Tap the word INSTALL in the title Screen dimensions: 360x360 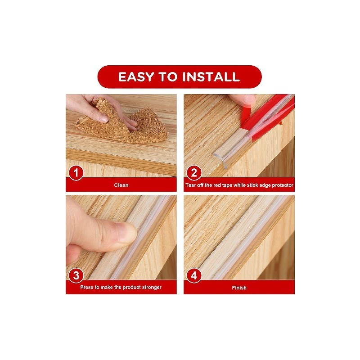pos(211,76)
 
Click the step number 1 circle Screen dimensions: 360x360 pos(76,173)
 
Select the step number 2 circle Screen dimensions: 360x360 pos(194,173)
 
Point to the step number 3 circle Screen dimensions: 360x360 pos(76,275)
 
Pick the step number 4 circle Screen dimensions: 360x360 pos(194,275)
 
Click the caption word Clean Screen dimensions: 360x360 pos(121,185)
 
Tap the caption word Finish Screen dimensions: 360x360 pos(239,288)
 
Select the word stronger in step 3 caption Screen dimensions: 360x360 pos(152,288)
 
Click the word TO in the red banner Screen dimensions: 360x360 pos(168,76)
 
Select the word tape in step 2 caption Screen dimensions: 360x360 pos(227,185)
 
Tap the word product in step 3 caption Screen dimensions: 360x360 pos(130,288)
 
